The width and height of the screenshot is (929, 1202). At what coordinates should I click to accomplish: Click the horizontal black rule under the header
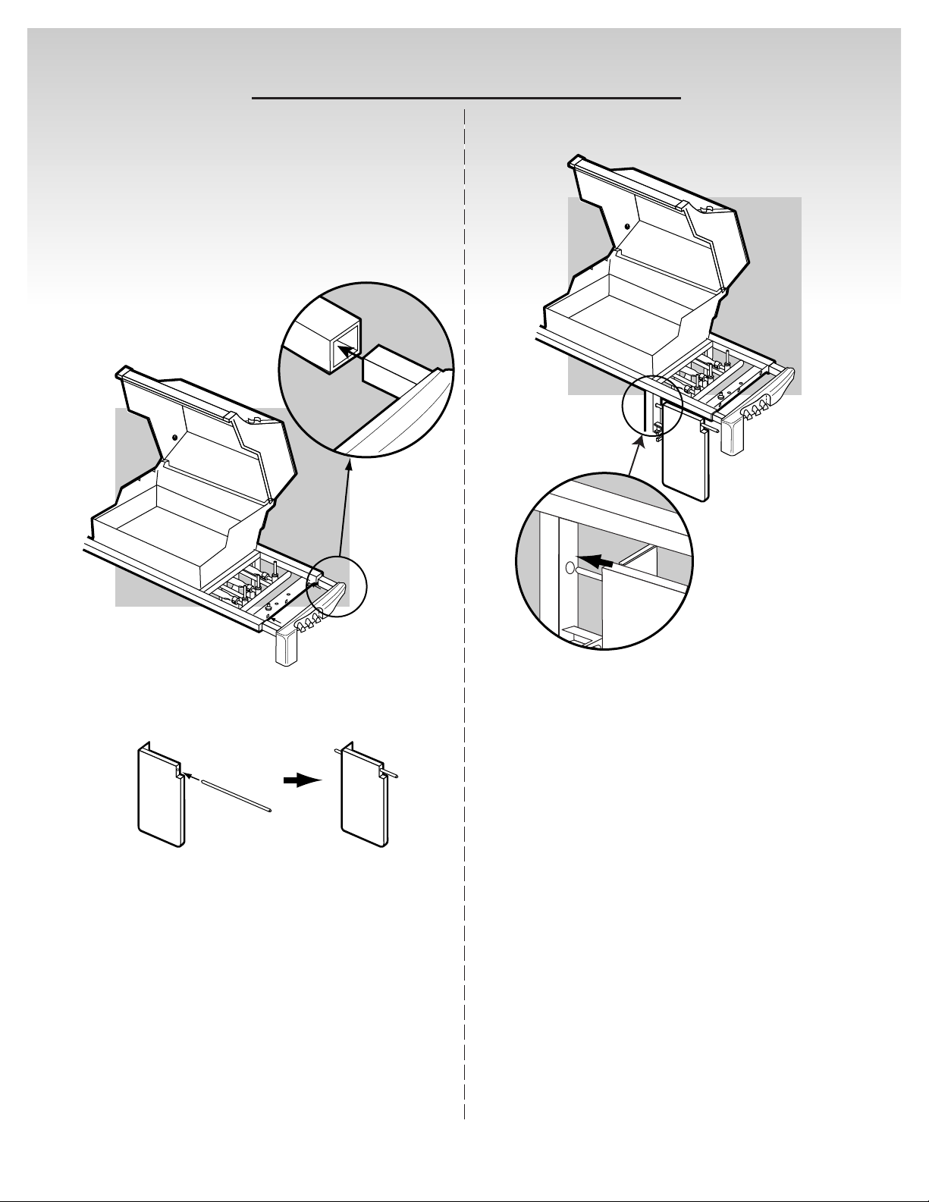466,98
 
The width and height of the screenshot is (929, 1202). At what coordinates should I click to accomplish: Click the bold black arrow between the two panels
303,781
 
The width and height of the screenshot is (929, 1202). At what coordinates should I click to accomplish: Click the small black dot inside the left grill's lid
174,437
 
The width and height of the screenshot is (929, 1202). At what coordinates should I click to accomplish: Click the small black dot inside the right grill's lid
626,226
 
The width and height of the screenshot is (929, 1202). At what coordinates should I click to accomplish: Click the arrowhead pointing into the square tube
342,348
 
